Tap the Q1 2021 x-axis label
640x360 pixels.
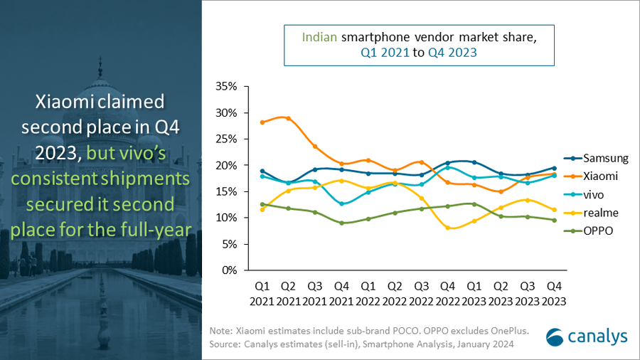[x=262, y=294]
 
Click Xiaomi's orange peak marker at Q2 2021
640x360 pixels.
[x=289, y=118]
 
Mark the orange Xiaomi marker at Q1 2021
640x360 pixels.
[x=262, y=122]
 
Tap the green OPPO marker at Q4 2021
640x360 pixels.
[x=341, y=223]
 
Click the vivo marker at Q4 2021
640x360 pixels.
[x=341, y=203]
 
